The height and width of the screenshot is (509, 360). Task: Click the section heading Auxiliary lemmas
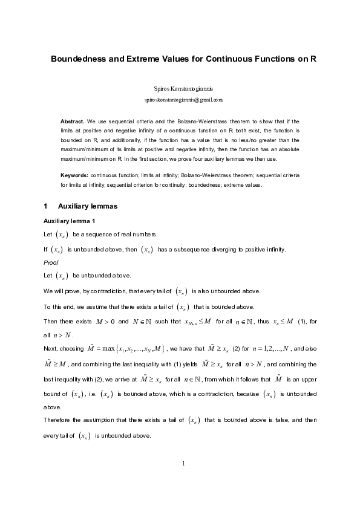click(87, 207)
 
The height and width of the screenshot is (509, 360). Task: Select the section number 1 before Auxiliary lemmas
click(46, 207)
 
